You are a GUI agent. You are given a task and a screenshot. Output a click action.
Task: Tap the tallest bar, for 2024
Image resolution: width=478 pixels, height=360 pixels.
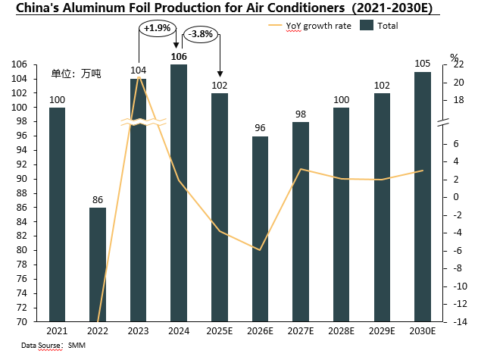179,193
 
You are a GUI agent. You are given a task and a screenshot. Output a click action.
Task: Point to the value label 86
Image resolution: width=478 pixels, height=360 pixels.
98,201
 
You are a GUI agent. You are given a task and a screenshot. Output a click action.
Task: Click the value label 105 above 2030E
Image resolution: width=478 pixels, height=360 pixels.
423,64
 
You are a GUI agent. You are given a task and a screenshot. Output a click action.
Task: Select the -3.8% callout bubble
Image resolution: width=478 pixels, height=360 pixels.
201,34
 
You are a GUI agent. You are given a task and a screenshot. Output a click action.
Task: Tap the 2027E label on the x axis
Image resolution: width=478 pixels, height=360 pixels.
301,331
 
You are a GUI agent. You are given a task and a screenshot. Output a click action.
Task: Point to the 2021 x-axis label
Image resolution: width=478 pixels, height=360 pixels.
57,331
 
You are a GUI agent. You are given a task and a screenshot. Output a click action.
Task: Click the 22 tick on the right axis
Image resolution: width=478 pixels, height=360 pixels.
458,64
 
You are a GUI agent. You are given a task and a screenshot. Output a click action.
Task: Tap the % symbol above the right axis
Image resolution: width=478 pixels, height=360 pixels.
454,57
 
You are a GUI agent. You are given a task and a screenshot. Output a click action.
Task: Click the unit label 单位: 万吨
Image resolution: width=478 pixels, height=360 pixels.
76,74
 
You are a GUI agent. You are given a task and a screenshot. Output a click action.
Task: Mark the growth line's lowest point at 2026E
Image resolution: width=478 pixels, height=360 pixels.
261,250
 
